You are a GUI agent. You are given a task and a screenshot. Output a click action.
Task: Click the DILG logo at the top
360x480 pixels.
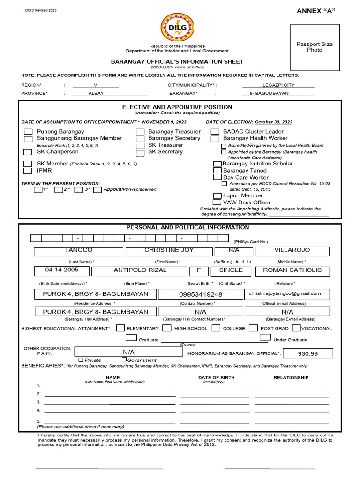(177, 28)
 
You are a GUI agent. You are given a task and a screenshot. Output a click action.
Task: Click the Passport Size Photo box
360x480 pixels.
(314, 47)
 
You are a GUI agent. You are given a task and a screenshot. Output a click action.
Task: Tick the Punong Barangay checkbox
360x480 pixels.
(29, 132)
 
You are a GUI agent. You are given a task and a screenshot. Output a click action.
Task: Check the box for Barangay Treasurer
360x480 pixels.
(140, 132)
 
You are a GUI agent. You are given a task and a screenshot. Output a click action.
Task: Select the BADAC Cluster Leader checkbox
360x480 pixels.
(215, 132)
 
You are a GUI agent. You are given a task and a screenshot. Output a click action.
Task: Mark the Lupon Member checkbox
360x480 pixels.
(217, 195)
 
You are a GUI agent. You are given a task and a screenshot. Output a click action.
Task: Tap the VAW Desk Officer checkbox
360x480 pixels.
(217, 202)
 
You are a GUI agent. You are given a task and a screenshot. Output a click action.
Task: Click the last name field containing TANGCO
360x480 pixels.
(78, 251)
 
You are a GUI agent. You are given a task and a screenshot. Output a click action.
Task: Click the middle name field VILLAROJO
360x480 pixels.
(292, 251)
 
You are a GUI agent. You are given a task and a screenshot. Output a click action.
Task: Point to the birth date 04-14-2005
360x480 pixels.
(61, 270)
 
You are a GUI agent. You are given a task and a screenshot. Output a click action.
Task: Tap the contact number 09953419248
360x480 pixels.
(201, 294)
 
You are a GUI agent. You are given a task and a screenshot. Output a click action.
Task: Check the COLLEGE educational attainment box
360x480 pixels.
(216, 328)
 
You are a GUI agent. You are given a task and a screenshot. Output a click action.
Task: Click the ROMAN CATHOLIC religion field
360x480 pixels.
(292, 270)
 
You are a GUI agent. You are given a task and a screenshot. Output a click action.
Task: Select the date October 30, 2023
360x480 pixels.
(273, 122)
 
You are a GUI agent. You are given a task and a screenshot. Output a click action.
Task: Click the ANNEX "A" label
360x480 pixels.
(316, 11)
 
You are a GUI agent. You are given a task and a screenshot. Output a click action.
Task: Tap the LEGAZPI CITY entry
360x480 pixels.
(279, 85)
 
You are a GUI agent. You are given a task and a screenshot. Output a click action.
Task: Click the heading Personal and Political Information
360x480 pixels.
(187, 227)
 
